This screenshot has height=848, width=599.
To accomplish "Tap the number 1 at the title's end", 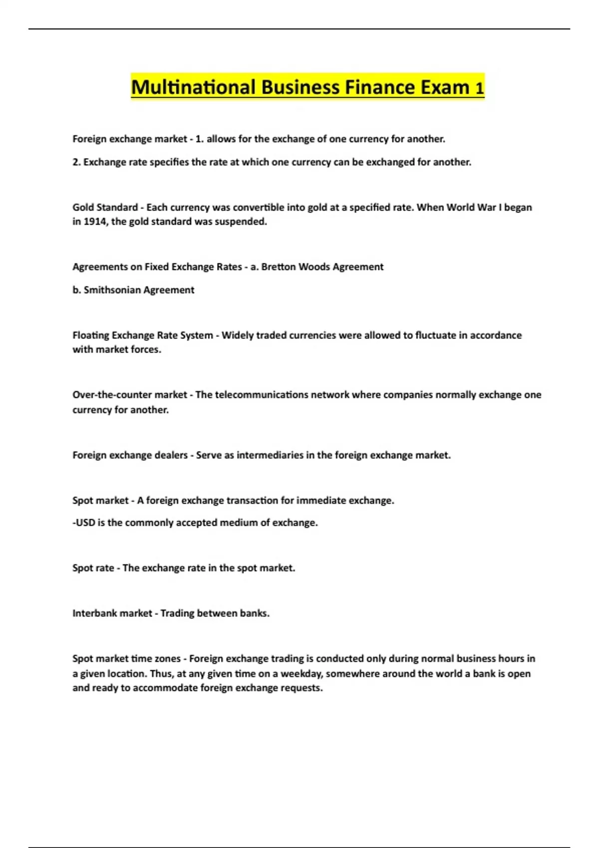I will coord(479,89).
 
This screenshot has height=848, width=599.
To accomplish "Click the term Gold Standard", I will coord(105,207).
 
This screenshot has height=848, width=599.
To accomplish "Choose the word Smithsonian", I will coord(112,290).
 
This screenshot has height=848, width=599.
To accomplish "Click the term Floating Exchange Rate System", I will coord(142,335).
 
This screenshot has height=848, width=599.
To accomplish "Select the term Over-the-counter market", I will coord(129,395).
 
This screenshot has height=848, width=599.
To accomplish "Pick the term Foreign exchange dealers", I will coord(130,455).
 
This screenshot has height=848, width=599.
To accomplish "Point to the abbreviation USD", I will coord(85,523).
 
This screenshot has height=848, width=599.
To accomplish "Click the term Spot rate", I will coord(93,568).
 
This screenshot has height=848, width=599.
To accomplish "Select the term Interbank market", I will coord(112,613).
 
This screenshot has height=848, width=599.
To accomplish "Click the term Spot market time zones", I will coord(126,658).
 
